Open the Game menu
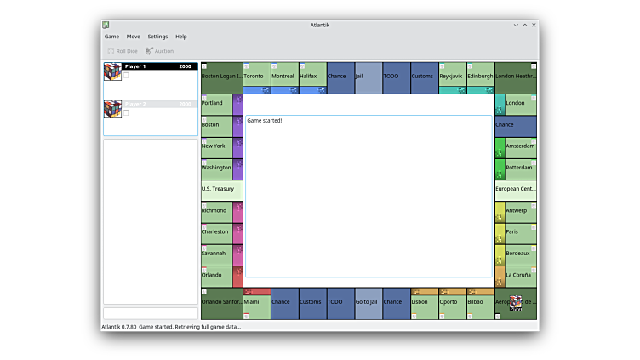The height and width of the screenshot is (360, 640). coord(111,37)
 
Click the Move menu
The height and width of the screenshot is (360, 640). coord(134,37)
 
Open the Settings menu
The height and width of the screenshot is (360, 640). coord(157,37)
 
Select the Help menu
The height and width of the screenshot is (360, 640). coord(181,37)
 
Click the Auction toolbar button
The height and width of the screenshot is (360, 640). coord(159,51)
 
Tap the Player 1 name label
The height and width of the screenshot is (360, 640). coord(135,66)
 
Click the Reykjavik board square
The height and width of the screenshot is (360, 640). coord(452,77)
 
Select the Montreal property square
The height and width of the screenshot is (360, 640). coord(284,77)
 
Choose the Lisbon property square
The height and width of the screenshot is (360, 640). coord(424,302)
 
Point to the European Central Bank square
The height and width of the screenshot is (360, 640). coord(516,189)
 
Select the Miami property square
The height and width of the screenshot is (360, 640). coord(256,302)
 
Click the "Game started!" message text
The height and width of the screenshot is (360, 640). coord(265,121)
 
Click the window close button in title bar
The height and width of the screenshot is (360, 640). coord(534,25)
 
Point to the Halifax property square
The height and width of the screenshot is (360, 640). coord(312,77)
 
